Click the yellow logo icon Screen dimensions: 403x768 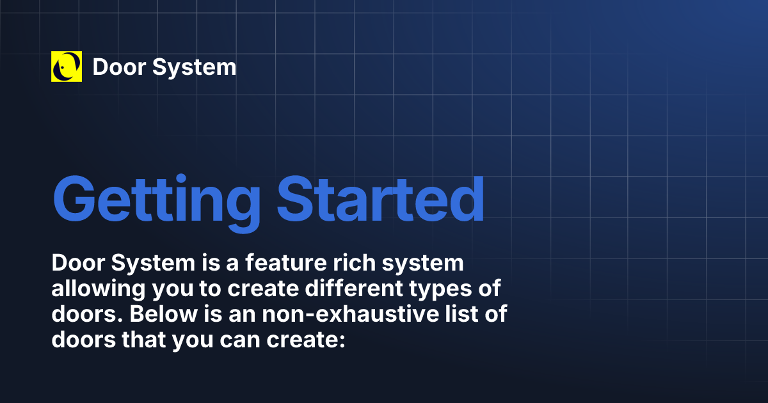click(67, 67)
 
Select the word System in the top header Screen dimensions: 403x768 click(195, 67)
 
